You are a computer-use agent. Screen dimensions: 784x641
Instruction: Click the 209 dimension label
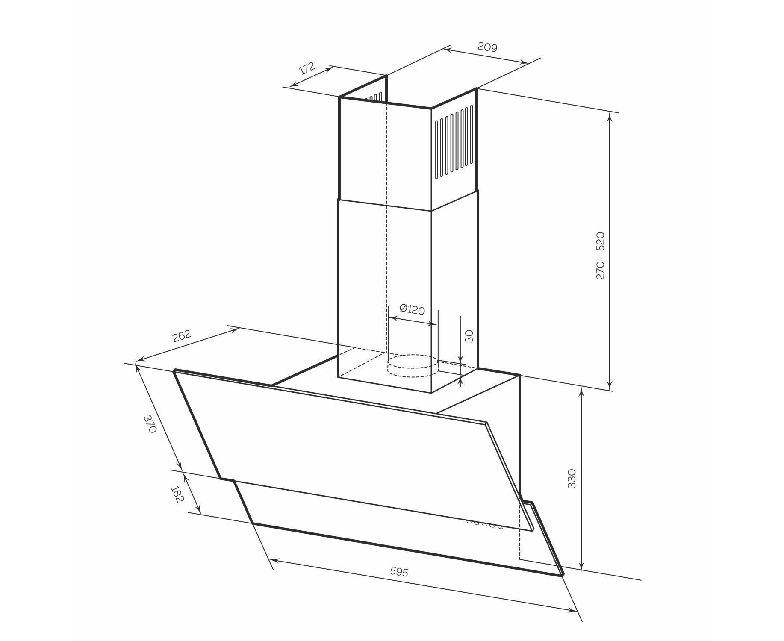pos(487,47)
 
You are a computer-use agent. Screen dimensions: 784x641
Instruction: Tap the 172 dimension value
pos(307,68)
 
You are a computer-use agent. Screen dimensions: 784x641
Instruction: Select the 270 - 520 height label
pos(600,256)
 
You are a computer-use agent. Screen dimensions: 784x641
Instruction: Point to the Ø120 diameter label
pos(412,309)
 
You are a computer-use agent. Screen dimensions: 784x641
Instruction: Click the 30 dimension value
pos(469,336)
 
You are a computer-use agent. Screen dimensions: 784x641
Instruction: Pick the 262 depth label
pos(181,336)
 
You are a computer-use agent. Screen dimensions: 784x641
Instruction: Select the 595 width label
pos(399,571)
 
